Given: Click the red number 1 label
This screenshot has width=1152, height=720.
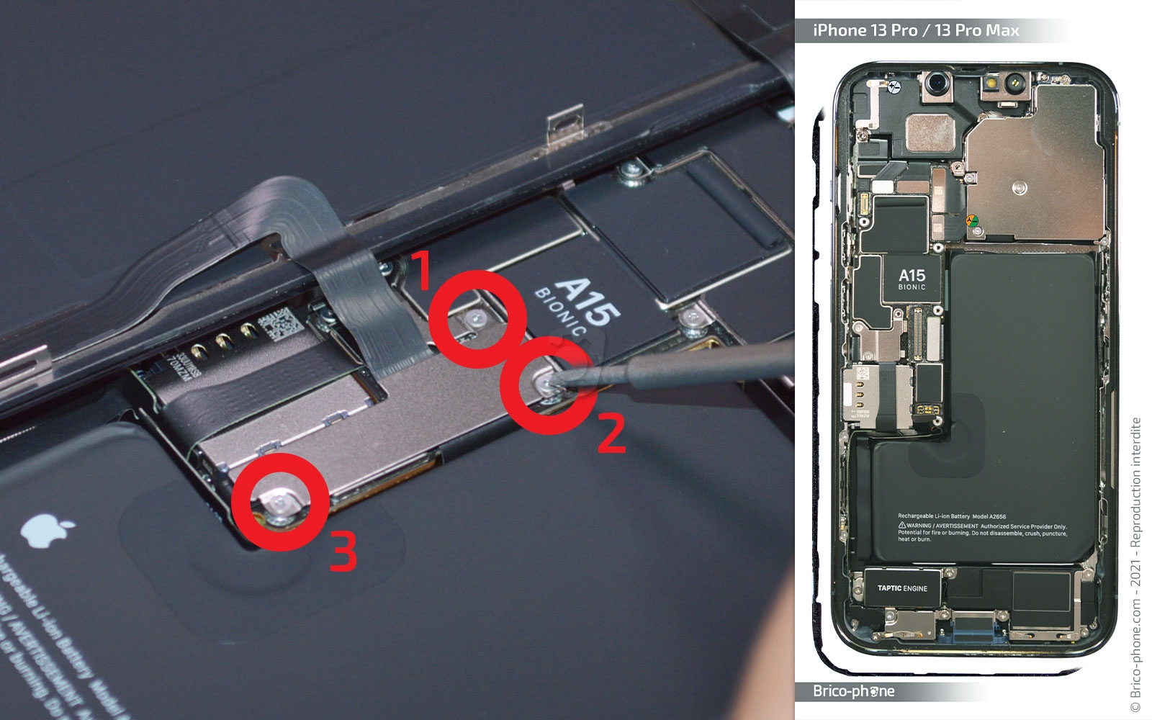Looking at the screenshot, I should [419, 271].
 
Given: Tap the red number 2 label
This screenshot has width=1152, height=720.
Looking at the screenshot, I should [611, 435].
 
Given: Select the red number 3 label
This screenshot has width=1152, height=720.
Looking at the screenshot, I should [343, 552].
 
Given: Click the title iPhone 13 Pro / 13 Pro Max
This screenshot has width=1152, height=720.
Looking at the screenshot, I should [916, 30].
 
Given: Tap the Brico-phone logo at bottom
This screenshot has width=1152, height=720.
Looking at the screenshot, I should [853, 691].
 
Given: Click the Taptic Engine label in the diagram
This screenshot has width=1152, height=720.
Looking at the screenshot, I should [902, 588].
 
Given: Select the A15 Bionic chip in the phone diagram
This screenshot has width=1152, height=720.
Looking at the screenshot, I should [912, 279].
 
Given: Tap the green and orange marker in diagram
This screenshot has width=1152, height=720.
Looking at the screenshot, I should [971, 222].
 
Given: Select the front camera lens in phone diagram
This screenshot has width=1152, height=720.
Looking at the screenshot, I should [937, 84].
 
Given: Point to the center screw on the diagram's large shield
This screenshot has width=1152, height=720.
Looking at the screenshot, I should [1019, 189].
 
